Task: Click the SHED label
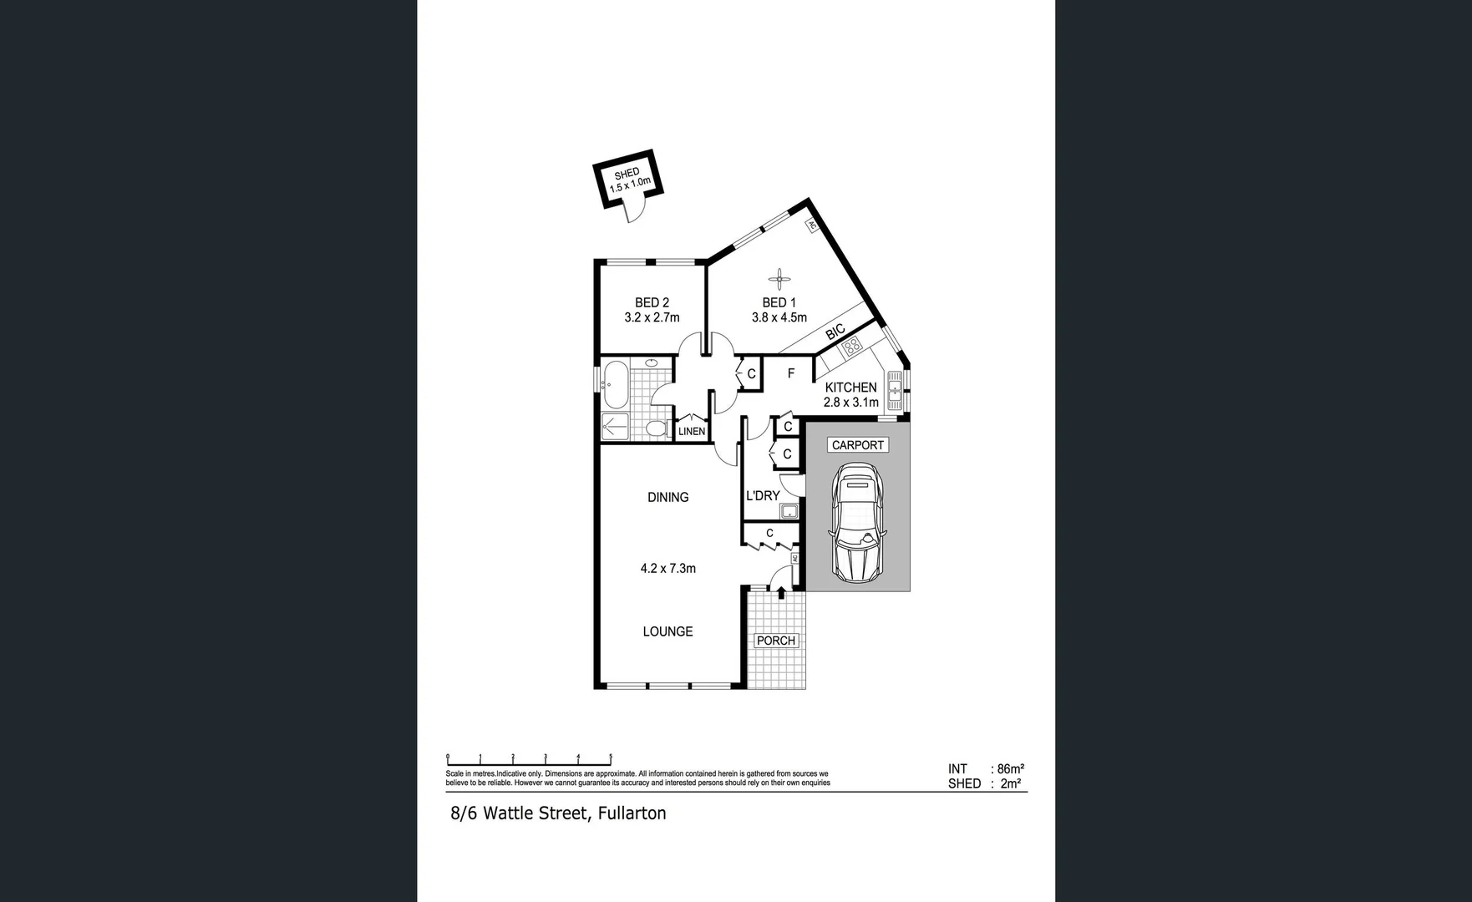(627, 174)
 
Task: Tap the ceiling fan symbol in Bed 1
(779, 279)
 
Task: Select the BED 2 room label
(652, 302)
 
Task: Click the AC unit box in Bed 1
(810, 225)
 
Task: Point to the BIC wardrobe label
(835, 332)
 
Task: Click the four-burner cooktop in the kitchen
(851, 347)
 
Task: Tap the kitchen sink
(895, 390)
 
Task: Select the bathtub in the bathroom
(615, 384)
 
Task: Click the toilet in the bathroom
(656, 428)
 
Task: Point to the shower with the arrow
(614, 426)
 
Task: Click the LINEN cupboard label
(692, 431)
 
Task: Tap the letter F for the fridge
(790, 373)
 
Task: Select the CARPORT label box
(857, 445)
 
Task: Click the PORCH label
(775, 641)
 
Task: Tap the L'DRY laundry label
(762, 495)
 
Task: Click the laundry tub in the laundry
(789, 510)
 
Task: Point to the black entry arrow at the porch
(781, 592)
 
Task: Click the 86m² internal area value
(1011, 768)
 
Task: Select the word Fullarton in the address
(632, 813)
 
